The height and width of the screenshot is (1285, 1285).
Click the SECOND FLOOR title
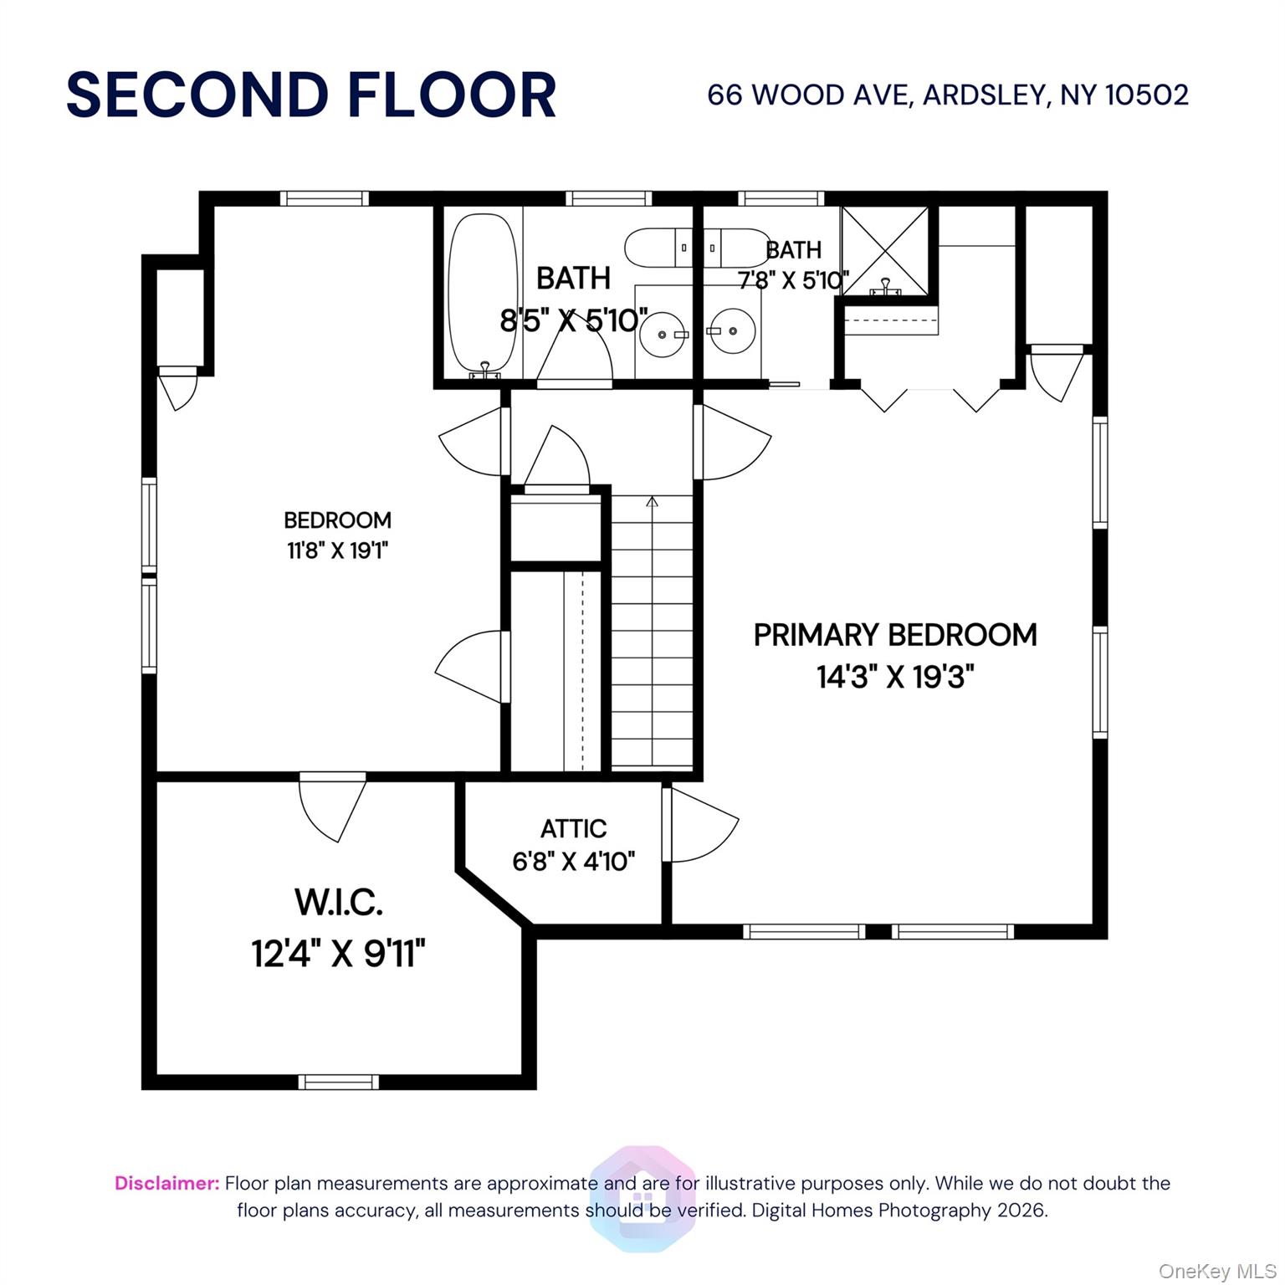(310, 95)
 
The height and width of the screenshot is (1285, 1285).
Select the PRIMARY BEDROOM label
(894, 635)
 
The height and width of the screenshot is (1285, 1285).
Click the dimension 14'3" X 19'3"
(895, 676)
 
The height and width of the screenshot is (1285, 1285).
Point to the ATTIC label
(573, 828)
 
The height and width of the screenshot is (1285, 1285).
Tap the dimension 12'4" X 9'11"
(338, 953)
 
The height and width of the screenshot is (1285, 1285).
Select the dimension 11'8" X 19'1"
(337, 550)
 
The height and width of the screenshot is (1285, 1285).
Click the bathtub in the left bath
(483, 293)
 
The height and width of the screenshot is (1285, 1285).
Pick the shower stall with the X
(884, 250)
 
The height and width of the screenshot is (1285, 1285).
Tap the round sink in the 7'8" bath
(732, 331)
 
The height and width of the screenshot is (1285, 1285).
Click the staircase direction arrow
(652, 502)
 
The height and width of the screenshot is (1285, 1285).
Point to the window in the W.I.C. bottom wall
(338, 1082)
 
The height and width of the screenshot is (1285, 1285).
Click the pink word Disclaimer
(166, 1183)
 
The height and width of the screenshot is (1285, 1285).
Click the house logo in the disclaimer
(642, 1198)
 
